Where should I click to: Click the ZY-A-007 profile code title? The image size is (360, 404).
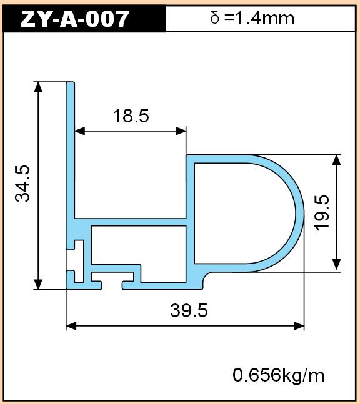[x=74, y=19]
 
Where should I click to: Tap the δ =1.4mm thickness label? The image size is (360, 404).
[x=252, y=19]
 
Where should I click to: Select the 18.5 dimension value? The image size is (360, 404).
[x=131, y=116]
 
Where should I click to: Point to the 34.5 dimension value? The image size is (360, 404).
[x=22, y=184]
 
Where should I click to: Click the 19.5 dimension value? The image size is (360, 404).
[x=322, y=213]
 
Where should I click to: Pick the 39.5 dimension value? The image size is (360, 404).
[x=189, y=310]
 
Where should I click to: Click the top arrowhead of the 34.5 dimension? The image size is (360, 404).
[x=38, y=87]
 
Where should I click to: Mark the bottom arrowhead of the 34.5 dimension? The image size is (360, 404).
[x=38, y=285]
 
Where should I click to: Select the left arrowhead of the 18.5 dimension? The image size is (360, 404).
[x=79, y=131]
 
